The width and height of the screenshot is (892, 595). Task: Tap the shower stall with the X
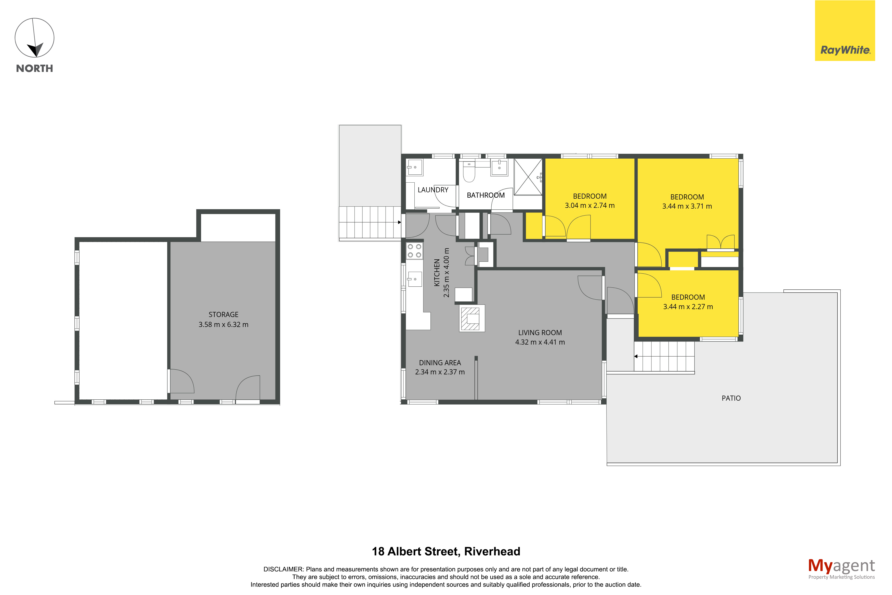528,177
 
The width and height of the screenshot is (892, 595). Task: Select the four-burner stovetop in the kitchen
414,251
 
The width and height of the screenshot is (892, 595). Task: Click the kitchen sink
414,279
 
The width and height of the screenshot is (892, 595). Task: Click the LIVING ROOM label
540,333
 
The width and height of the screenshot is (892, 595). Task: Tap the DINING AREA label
440,363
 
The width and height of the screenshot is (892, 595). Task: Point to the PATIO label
731,398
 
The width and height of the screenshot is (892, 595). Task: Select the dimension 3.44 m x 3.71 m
687,206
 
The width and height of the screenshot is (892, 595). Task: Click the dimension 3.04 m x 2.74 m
589,206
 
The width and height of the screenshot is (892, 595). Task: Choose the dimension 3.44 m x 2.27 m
688,307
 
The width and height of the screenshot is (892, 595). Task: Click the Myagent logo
841,569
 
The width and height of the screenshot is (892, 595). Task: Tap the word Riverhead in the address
492,551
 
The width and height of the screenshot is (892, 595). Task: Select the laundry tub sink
414,167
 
